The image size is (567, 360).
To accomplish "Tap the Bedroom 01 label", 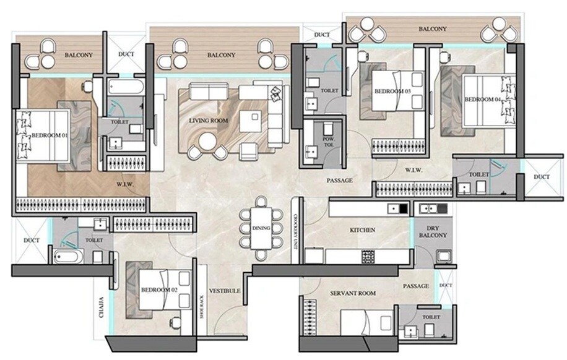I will click(50, 135).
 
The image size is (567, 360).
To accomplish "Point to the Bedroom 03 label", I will click(392, 92).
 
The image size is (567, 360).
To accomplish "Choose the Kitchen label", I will click(362, 230).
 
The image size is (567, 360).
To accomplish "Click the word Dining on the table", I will click(261, 228).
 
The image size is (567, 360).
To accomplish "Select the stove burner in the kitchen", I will click(369, 255).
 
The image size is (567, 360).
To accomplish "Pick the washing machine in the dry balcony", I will click(444, 255).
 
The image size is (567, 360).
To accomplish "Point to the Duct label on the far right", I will click(541, 178).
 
